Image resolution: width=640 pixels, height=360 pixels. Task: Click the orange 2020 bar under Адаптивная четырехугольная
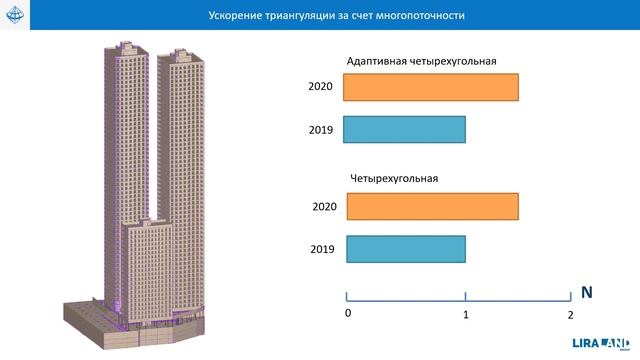tap(430, 87)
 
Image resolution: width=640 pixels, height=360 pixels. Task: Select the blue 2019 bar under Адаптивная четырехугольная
tap(404, 130)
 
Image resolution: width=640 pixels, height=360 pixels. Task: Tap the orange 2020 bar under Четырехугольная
tap(431, 206)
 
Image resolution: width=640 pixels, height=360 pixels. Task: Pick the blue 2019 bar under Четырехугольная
tap(406, 249)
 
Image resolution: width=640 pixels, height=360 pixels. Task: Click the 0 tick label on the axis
tap(347, 313)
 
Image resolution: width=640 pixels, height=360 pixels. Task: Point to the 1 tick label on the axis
tap(466, 314)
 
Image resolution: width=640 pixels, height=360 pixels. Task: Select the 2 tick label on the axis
tap(570, 314)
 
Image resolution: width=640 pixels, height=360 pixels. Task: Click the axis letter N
tap(588, 294)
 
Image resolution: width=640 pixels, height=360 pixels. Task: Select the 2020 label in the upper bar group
tap(321, 87)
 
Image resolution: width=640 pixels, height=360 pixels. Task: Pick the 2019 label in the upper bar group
tap(321, 130)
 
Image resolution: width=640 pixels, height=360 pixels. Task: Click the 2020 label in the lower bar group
tap(324, 207)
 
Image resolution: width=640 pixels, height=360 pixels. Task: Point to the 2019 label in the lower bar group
tap(322, 249)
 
